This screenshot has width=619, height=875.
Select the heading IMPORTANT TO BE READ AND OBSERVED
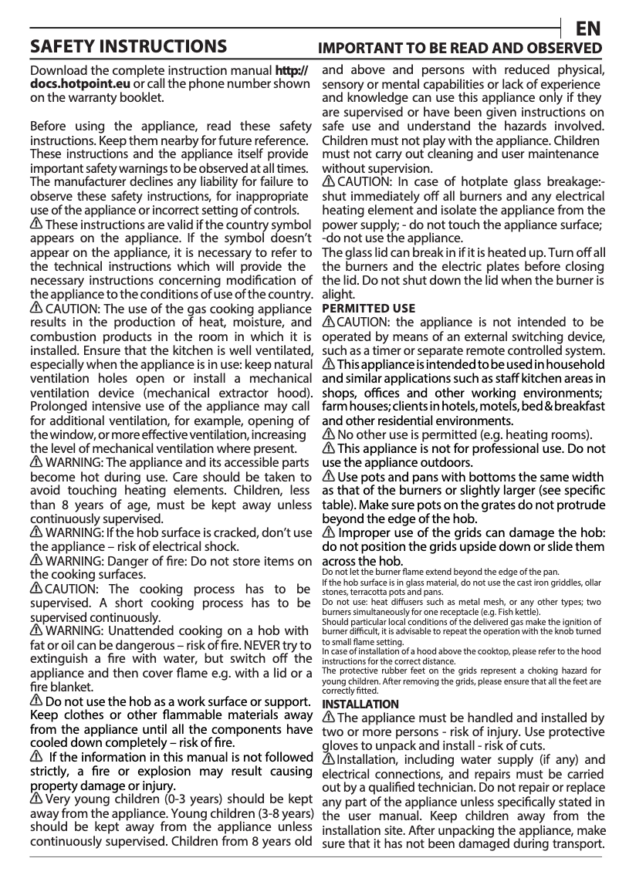pos(461,48)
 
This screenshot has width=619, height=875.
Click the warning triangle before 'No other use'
pos(328,434)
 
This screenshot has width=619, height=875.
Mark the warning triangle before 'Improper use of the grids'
pos(328,533)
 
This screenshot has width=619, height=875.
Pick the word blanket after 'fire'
pos(52,687)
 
